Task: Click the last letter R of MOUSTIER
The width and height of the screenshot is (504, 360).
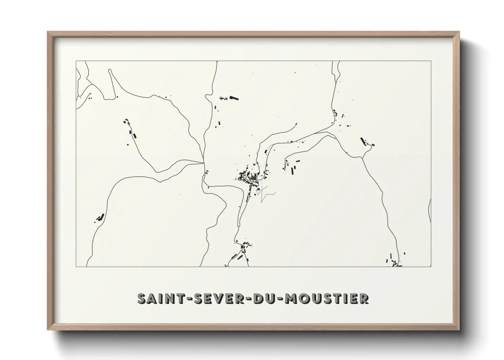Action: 363,299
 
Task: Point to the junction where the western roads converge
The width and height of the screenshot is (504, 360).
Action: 204,163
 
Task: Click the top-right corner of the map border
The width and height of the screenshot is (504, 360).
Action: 431,61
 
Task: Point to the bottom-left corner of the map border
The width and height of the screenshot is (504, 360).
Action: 76,266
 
